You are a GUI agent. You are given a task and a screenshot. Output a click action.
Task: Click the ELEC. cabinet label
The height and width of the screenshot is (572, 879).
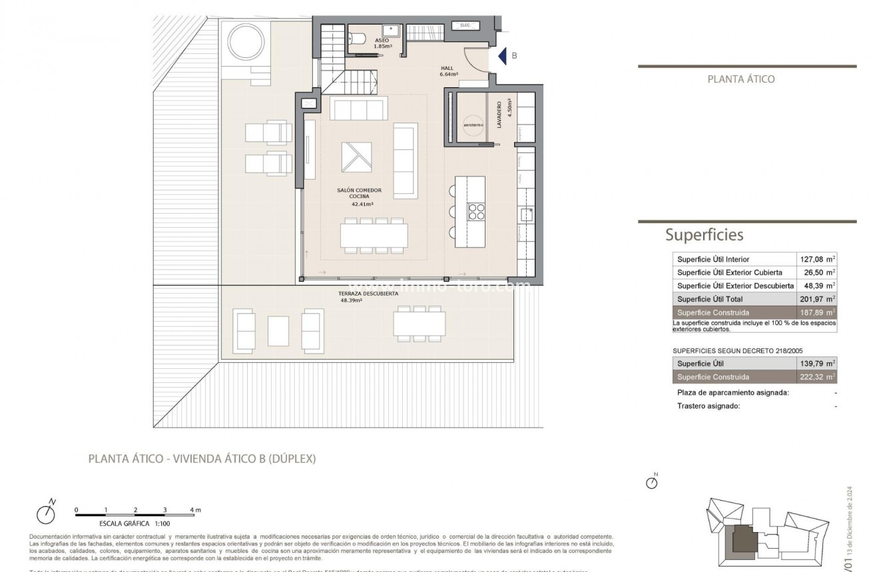pos(464,25)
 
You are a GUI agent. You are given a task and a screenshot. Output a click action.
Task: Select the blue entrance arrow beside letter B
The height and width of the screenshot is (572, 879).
pos(503,56)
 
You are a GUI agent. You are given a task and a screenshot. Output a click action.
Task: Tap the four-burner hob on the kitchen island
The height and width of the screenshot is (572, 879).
pos(477,211)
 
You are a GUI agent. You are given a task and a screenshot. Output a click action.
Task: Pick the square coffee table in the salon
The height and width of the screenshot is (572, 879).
pos(357,157)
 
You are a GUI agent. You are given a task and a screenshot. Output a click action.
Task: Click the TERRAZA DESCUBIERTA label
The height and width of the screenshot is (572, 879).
pos(368,294)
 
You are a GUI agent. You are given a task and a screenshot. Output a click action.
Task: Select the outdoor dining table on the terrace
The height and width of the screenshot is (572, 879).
pos(419,324)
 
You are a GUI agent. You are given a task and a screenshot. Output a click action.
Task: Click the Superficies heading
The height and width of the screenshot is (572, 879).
pos(704,234)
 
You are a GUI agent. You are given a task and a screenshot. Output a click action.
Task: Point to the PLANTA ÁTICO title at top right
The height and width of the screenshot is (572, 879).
pos(740,79)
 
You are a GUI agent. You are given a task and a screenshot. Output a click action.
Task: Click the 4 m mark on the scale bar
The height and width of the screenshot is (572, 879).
pos(194,509)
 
